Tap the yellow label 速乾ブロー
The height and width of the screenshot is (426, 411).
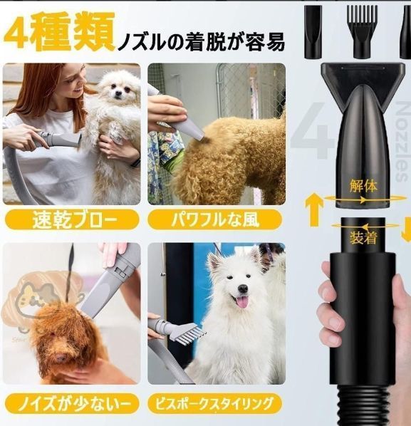click(71, 219)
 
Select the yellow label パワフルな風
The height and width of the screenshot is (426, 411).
click(217, 219)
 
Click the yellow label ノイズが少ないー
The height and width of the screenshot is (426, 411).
click(71, 404)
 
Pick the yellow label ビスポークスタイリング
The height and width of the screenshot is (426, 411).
click(217, 404)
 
